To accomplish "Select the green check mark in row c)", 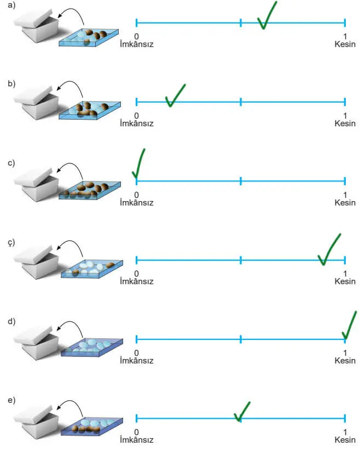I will [139, 165].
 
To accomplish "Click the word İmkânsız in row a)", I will [136, 44].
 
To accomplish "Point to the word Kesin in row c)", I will [345, 203].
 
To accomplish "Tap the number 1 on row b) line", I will [345, 115].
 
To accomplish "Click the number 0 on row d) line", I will [136, 353].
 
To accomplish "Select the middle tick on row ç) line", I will [241, 260].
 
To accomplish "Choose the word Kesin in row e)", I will [345, 440].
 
